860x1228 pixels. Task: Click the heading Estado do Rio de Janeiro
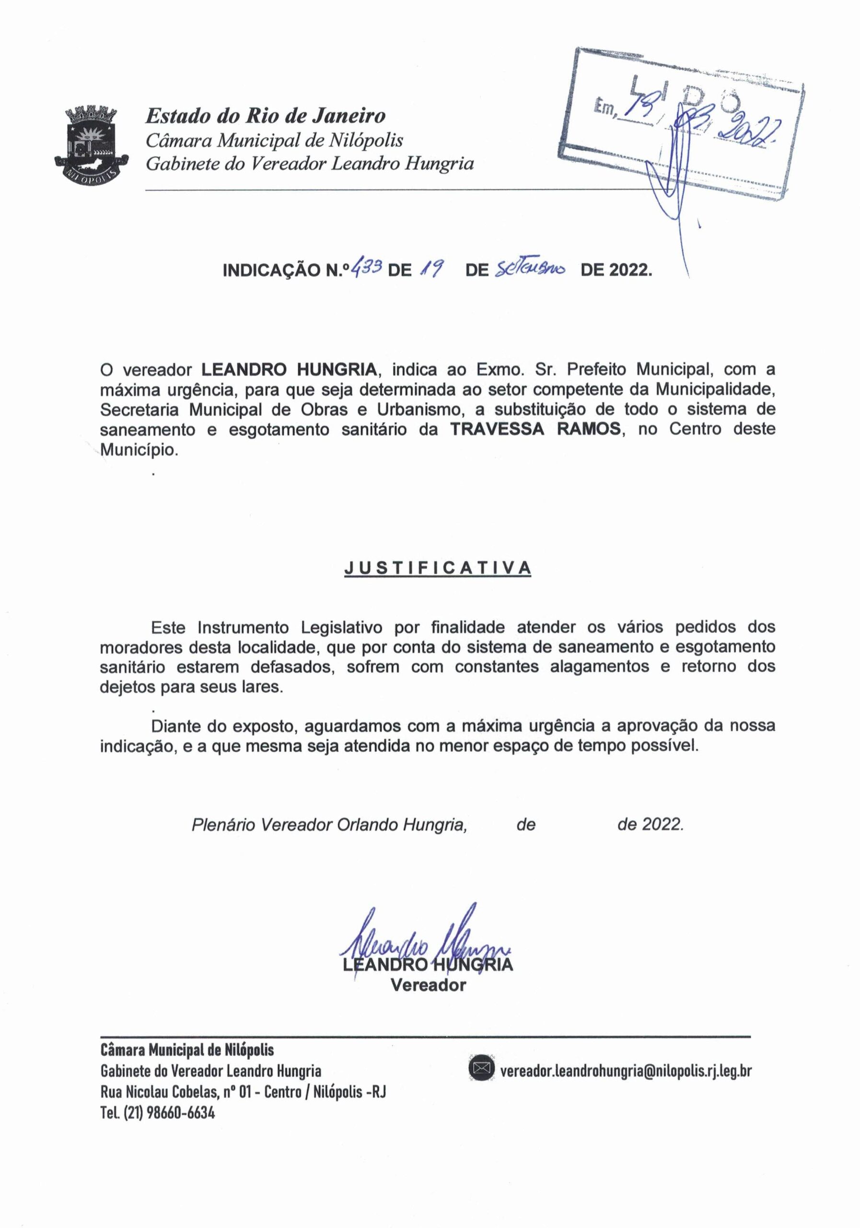tap(266, 116)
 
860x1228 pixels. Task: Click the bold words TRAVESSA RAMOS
tap(536, 429)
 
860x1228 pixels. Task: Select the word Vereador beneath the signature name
tap(428, 985)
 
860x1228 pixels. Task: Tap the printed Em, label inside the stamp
tap(604, 110)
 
